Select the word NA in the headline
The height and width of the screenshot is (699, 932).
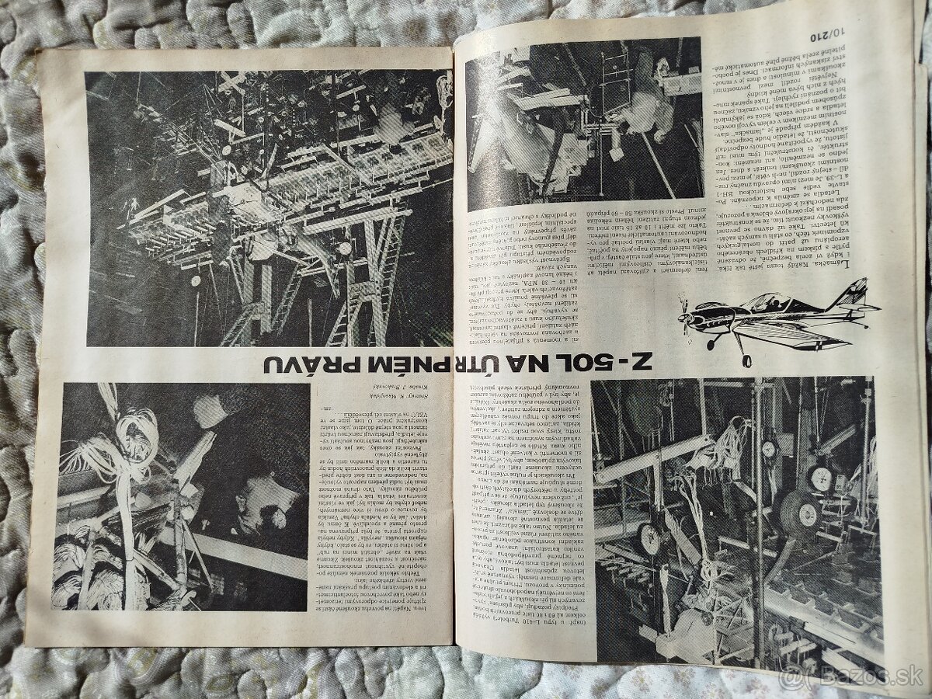(528, 363)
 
